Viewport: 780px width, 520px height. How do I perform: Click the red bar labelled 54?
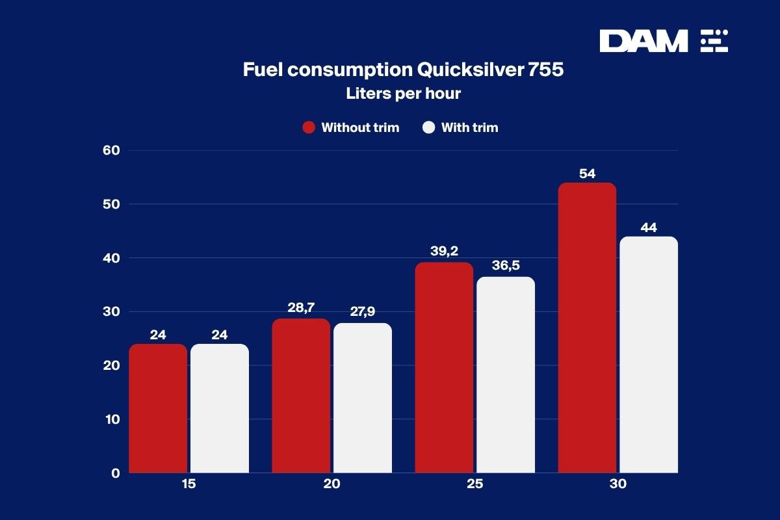[x=587, y=328]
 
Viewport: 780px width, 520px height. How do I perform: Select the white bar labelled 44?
[x=648, y=354]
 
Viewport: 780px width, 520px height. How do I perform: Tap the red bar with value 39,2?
[x=444, y=367]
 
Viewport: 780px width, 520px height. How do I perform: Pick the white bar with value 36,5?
[x=505, y=375]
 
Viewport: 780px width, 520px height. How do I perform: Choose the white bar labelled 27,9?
[x=363, y=398]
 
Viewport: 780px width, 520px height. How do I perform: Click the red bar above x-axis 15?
[x=158, y=408]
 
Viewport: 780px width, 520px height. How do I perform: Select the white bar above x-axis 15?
[x=220, y=408]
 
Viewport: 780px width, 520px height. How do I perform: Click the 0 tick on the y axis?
[x=115, y=473]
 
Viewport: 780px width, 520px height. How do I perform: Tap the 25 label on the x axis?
[x=474, y=485]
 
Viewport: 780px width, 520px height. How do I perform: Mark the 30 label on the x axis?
[x=617, y=485]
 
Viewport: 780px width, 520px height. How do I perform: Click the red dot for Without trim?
[x=309, y=127]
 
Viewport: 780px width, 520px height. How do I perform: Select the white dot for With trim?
[x=428, y=127]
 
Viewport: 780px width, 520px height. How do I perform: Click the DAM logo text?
[x=643, y=41]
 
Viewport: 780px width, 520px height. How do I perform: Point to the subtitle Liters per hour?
[x=403, y=94]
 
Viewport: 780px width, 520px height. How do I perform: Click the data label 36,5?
[x=506, y=265]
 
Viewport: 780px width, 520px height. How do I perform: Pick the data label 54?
[x=587, y=174]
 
